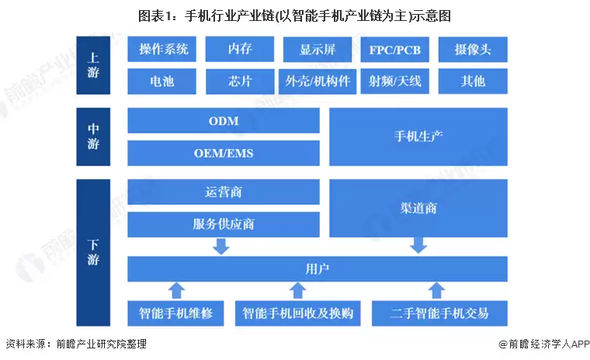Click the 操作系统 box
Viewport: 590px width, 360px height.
point(163,49)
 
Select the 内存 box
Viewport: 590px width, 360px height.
point(240,49)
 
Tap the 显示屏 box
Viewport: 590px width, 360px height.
point(318,49)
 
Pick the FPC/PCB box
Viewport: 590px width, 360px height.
point(395,49)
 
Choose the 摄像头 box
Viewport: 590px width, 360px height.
point(472,49)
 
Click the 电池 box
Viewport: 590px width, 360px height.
point(163,80)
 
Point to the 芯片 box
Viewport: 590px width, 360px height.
point(240,80)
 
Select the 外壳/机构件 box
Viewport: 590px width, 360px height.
point(318,80)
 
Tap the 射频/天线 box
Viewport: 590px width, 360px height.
point(395,80)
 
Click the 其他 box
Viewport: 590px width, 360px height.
point(472,80)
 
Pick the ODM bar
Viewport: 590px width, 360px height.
point(224,121)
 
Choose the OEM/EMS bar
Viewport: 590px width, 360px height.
point(224,153)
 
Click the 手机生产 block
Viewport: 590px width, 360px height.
point(418,137)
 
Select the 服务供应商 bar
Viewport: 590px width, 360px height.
point(224,224)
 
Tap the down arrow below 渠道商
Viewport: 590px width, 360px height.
point(418,245)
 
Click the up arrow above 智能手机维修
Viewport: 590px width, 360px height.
point(177,291)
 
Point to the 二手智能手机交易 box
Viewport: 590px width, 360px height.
point(440,313)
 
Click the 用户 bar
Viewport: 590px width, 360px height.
point(317,269)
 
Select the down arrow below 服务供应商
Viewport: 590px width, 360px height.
point(222,246)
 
